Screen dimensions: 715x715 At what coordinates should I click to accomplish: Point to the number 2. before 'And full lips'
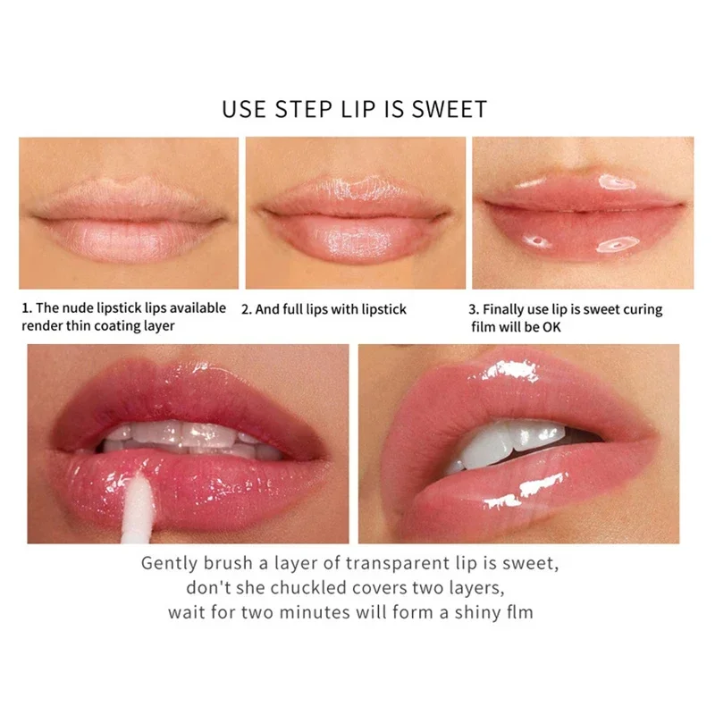click(247, 309)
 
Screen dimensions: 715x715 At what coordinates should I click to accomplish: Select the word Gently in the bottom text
click(169, 564)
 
